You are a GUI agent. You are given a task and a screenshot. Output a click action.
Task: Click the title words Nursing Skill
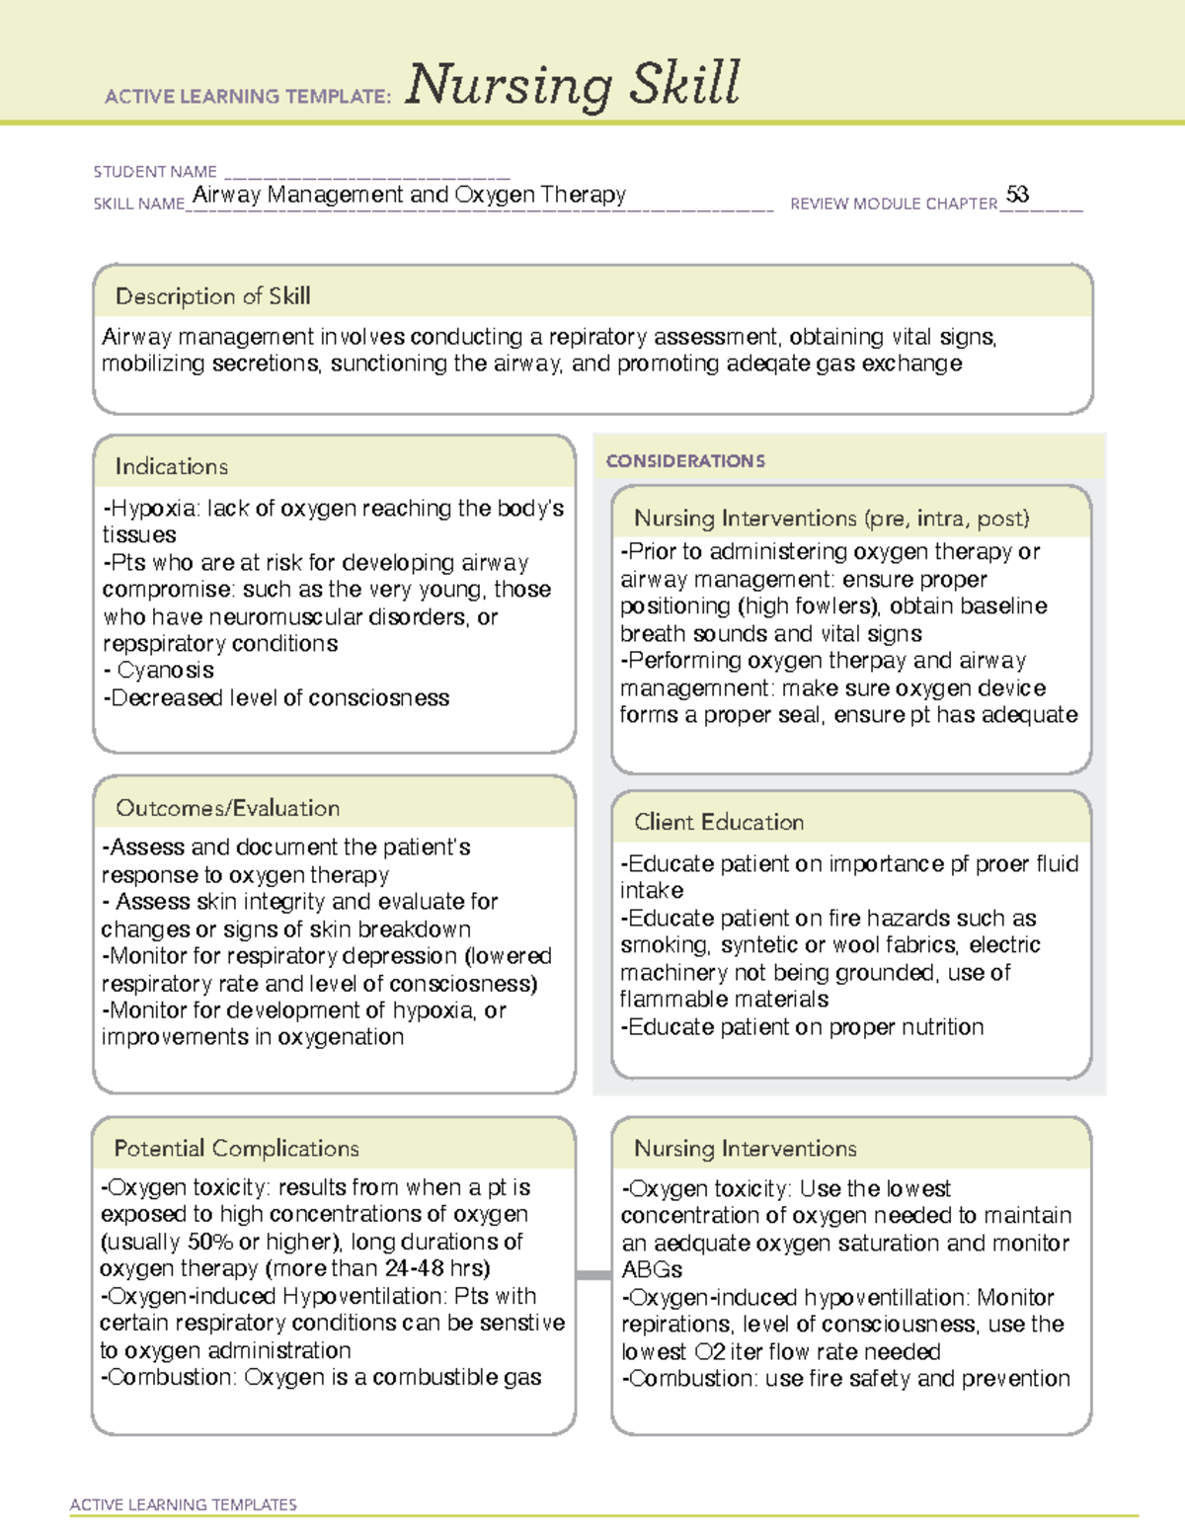point(572,84)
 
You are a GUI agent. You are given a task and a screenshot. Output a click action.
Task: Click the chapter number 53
point(1017,195)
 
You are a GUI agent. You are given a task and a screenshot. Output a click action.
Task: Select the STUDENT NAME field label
point(155,172)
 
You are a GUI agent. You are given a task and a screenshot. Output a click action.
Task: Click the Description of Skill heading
point(212,296)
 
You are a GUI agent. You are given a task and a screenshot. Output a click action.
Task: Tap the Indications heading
point(171,466)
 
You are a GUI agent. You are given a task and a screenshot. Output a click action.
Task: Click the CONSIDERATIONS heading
point(685,461)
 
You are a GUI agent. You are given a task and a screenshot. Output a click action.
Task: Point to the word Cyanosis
point(165,671)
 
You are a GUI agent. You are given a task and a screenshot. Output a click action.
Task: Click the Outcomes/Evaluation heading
point(227,808)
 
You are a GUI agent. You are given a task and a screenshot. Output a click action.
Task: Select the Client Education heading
point(719,822)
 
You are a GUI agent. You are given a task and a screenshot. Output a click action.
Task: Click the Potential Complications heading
point(236,1149)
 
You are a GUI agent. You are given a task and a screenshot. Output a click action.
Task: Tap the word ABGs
point(652,1270)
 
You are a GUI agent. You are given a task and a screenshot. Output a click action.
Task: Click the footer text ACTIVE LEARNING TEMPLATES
point(183,1504)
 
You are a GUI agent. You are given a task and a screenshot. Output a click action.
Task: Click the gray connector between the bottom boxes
point(592,1275)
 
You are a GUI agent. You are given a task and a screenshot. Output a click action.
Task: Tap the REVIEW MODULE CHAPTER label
point(894,203)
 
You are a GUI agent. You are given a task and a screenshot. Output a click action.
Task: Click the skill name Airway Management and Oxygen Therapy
point(409,195)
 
